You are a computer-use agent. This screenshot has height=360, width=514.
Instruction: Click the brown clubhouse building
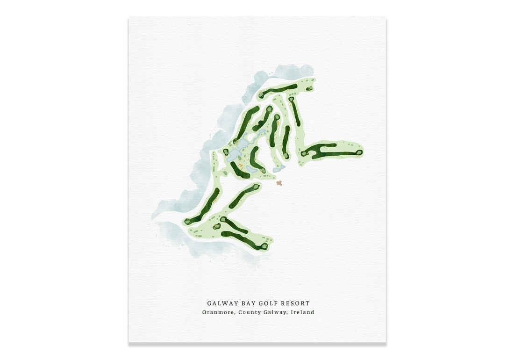279,183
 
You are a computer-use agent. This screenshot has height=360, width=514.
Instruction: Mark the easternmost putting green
359,152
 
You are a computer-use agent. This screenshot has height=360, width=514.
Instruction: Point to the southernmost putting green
264,245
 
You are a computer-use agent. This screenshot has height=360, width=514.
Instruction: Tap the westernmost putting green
187,222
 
